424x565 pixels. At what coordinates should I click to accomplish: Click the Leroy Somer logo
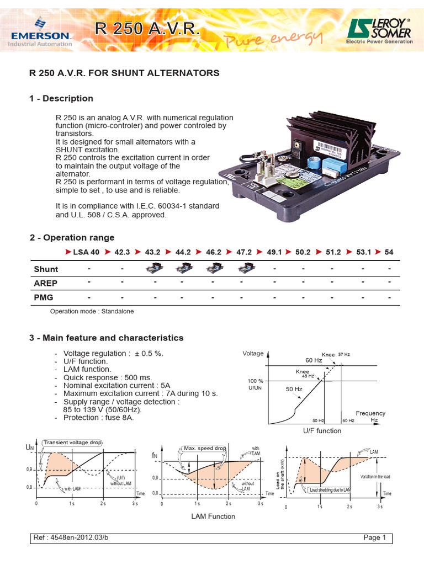(379, 30)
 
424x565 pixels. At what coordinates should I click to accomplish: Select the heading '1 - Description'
(61, 98)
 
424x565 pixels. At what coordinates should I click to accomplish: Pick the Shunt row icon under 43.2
(152, 269)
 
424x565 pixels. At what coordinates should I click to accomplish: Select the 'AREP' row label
(46, 283)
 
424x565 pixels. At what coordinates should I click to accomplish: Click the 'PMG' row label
(44, 297)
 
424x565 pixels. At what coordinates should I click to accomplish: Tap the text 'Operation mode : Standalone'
(92, 311)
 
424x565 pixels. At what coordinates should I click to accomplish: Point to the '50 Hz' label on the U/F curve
(294, 389)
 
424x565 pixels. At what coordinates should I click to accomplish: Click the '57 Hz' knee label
(344, 354)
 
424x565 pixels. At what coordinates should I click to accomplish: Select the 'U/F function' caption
(322, 431)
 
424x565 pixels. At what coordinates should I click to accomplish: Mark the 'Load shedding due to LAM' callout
(330, 489)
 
